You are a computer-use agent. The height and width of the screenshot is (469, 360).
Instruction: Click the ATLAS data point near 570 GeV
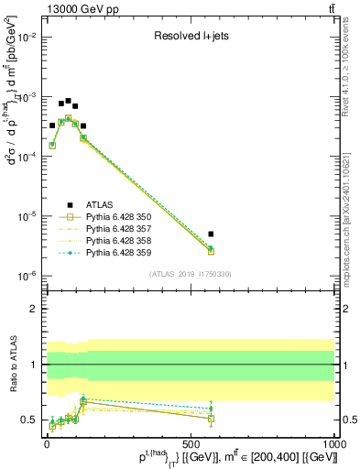coord(211,234)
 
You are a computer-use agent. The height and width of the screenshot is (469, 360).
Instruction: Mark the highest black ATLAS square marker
coord(68,101)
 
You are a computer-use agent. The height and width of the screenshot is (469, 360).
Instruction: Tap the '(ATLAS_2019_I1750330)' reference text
coord(189,274)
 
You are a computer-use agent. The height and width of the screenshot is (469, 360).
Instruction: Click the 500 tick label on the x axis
coord(191,441)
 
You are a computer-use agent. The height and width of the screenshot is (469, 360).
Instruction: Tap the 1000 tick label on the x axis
coord(333,441)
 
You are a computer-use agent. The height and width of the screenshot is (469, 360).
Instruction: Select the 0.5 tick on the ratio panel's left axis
coord(27,420)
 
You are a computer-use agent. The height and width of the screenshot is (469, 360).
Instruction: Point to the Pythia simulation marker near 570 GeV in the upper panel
coord(211,250)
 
